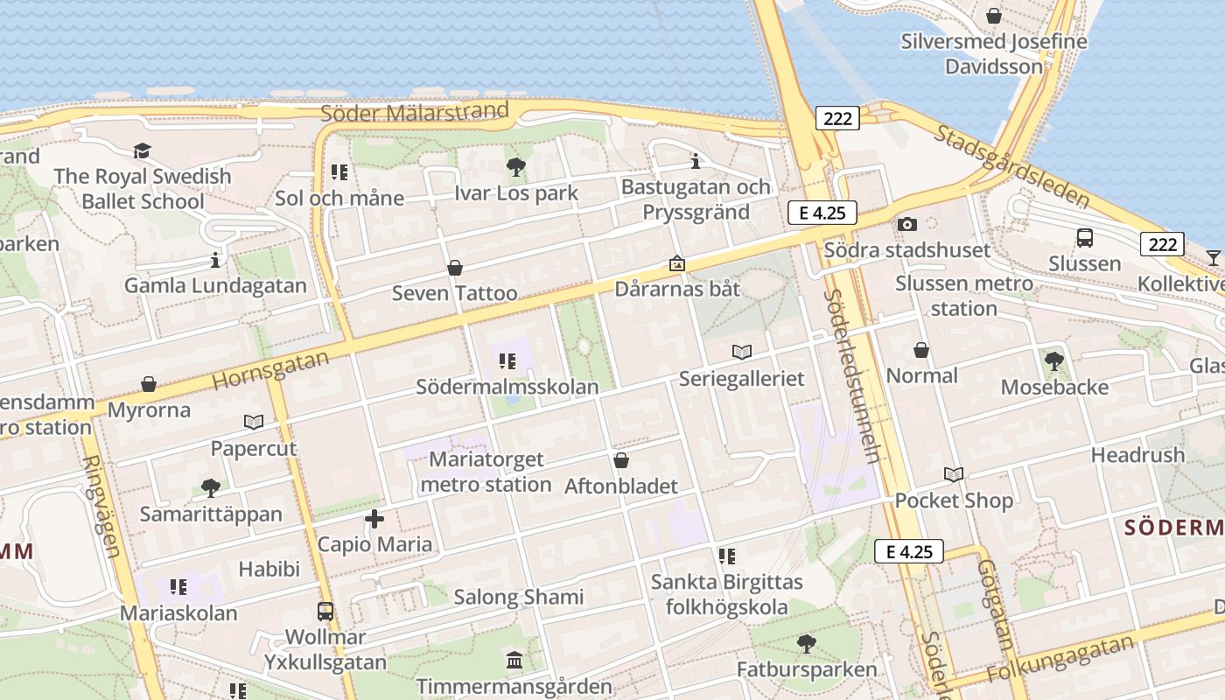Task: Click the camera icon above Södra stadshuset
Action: coord(907,224)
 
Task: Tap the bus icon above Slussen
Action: coord(1084,237)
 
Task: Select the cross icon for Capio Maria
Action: coord(374,519)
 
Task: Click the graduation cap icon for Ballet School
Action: coord(142,150)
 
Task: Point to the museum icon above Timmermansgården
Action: coord(514,660)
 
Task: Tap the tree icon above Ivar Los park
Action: coord(515,166)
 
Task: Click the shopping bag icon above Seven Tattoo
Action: coord(454,268)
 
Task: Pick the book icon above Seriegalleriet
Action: coord(741,352)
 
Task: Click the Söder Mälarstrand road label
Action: coord(414,112)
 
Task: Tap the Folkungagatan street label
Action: coord(1060,659)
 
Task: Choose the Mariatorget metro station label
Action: coord(486,472)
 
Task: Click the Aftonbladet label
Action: coord(621,486)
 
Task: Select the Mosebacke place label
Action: coord(1054,387)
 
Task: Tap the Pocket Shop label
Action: coord(954,500)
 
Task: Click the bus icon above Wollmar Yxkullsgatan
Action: coord(325,611)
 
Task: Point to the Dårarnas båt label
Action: coord(677,289)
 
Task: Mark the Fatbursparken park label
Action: coord(807,670)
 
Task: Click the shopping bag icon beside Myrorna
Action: coord(149,384)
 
